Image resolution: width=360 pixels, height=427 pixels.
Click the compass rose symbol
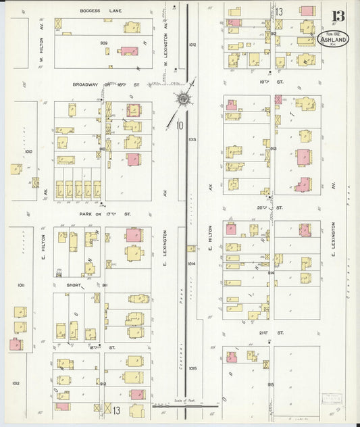coord(182,100)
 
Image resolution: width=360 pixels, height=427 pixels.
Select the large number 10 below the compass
coord(180,124)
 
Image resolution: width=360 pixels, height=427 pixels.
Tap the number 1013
coord(192,139)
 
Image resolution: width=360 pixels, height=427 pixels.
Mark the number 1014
coord(192,263)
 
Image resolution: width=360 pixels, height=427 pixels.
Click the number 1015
coord(192,368)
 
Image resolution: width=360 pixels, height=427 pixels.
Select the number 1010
coord(28,151)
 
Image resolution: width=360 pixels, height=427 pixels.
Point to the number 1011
coord(21,286)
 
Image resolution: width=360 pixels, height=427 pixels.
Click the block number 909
coord(104,43)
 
